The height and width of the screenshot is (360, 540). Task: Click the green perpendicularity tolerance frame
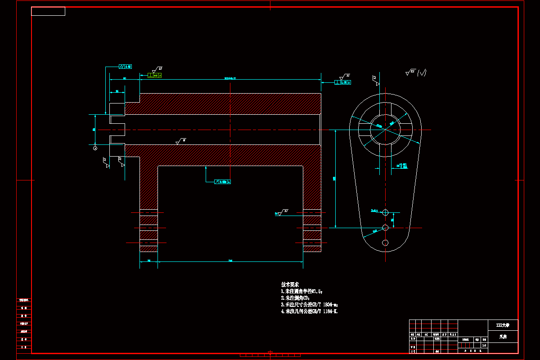click(154, 76)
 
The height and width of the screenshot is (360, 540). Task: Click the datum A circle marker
click(95, 148)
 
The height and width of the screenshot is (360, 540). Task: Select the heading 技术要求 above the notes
click(290, 285)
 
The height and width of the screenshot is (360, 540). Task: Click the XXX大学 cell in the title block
click(503, 324)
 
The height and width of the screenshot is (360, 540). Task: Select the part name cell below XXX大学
click(503, 336)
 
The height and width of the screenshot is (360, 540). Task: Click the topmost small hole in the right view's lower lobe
click(385, 212)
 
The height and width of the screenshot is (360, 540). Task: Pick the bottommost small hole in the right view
click(385, 243)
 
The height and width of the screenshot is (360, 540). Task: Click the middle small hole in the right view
click(385, 227)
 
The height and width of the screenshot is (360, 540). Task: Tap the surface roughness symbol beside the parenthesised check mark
click(410, 72)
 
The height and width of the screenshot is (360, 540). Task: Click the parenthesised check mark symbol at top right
click(422, 72)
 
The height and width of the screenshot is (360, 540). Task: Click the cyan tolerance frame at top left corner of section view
click(125, 67)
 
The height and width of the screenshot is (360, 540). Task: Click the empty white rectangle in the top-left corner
click(48, 11)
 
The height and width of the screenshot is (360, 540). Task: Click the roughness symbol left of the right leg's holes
click(282, 212)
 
